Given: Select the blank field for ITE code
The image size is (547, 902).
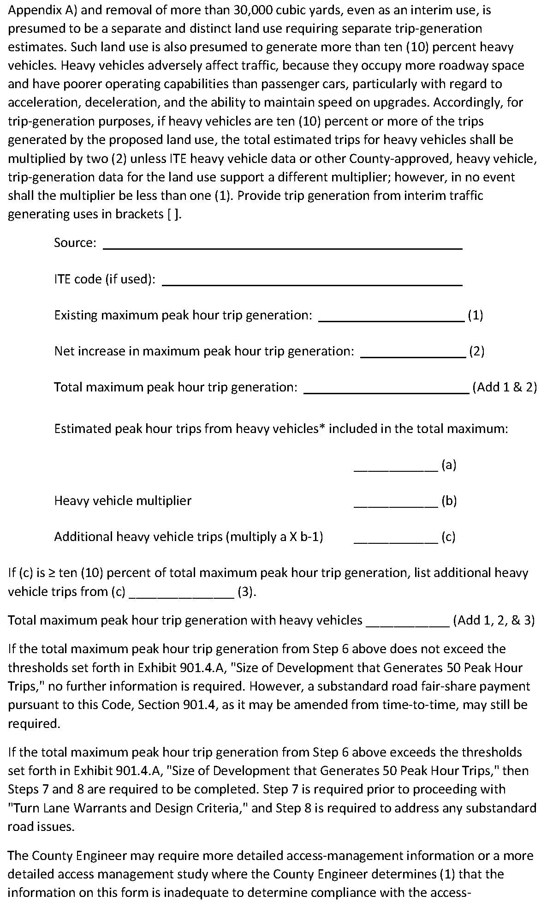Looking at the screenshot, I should [313, 283].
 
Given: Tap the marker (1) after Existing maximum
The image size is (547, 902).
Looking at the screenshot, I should [475, 315].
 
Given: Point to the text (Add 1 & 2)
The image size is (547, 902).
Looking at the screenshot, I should [505, 387].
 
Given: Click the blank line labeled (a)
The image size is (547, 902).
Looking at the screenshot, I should [395, 468].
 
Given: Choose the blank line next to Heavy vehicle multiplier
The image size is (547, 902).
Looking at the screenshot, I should [395, 504].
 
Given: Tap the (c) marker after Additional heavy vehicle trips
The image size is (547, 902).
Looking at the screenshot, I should [448, 537].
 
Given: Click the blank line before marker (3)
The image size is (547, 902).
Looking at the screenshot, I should [181, 595].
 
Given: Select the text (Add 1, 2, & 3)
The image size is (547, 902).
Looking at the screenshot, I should [494, 620].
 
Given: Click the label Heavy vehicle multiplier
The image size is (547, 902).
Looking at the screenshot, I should [123, 501].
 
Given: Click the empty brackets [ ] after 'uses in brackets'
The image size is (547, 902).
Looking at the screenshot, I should [172, 215].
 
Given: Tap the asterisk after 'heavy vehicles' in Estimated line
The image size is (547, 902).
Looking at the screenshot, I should [322, 427].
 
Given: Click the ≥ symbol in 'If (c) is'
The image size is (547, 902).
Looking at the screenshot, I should [52, 573].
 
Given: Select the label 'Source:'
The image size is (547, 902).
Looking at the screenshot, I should [75, 243].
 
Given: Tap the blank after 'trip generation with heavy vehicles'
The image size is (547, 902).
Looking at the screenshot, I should [407, 624].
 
